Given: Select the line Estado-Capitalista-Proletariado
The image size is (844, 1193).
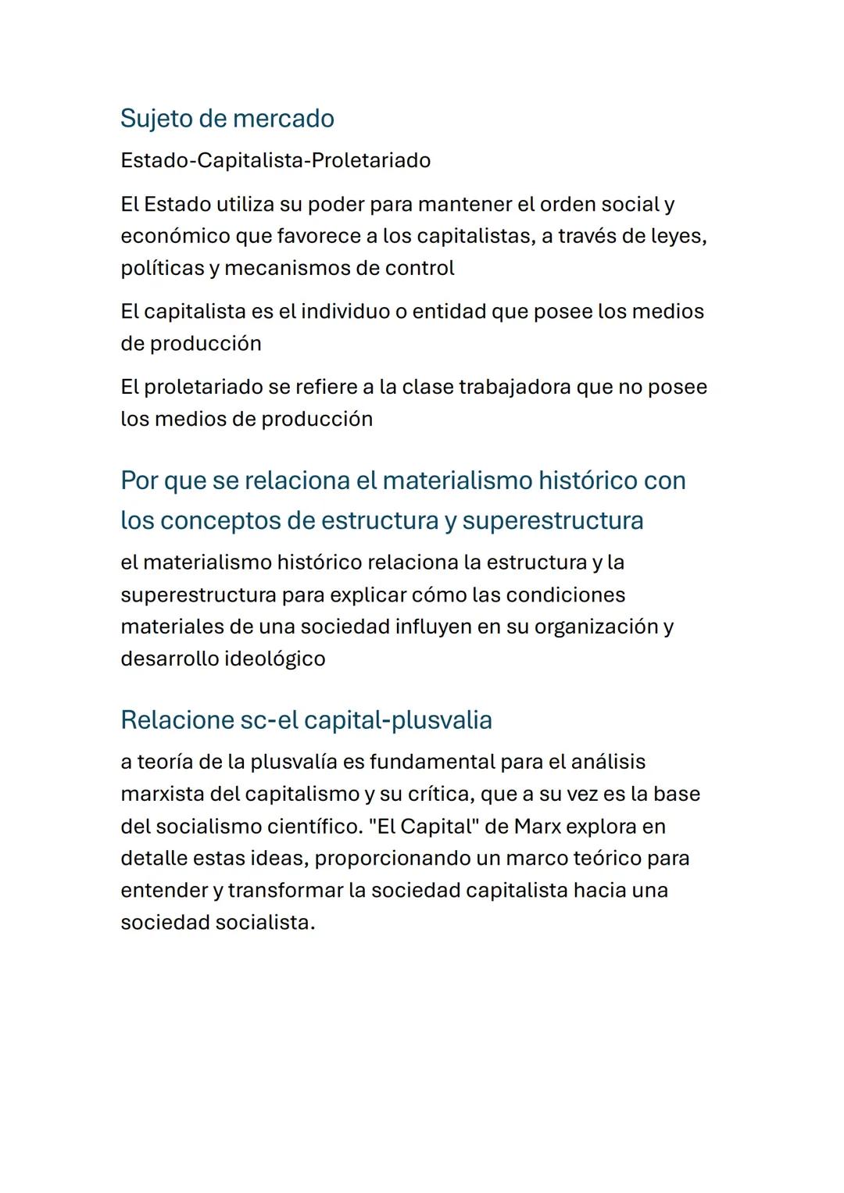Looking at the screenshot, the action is coord(275,161).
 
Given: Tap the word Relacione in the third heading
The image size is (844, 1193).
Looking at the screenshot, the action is coord(177,720).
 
